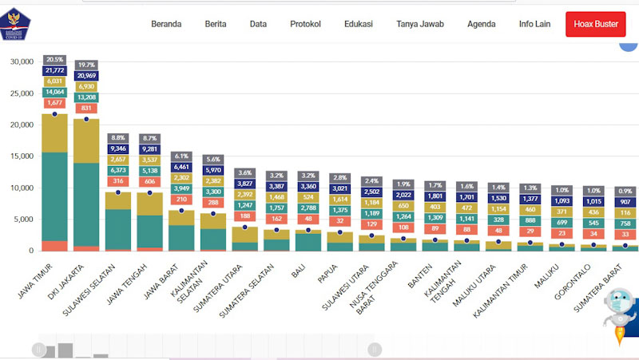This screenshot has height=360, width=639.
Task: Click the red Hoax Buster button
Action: (x=595, y=24)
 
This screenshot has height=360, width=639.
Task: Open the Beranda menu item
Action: (x=166, y=24)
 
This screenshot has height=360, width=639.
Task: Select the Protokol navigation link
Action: (x=306, y=24)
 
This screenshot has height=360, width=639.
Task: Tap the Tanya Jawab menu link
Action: (x=420, y=24)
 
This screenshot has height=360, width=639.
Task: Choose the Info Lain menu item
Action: (x=535, y=24)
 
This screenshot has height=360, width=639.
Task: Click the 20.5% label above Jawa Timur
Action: (x=55, y=60)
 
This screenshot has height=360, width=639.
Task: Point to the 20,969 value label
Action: (x=86, y=75)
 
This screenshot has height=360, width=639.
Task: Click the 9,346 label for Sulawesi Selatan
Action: (x=118, y=148)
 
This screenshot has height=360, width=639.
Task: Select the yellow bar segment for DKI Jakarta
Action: (x=86, y=140)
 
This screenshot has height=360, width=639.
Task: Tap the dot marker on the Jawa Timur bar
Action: (x=55, y=114)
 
